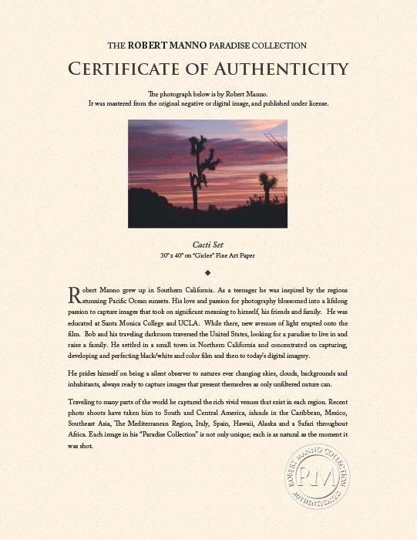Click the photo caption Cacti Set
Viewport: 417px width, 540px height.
(x=208, y=245)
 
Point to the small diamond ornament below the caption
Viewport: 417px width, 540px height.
(x=208, y=272)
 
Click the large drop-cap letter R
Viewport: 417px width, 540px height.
(x=75, y=295)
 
